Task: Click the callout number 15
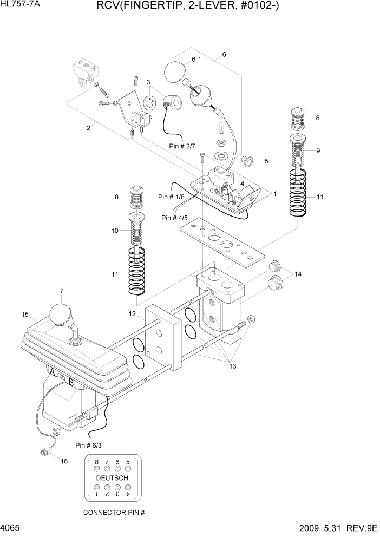point(25,314)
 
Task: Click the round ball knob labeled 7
point(61,315)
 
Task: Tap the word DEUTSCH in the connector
point(112,478)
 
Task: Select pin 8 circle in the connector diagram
point(96,468)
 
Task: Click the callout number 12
point(133,314)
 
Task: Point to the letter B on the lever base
point(71,382)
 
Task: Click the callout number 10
point(115,231)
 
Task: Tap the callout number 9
point(318,151)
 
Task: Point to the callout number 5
point(265,161)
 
